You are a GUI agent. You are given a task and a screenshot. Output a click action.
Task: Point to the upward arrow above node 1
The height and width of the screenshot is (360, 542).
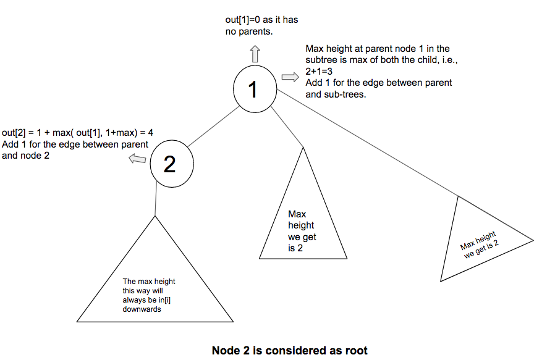255,54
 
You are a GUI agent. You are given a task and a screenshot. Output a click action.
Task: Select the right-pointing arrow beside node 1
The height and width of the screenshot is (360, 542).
290,77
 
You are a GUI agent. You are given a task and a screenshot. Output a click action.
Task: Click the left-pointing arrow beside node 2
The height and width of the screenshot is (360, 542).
137,159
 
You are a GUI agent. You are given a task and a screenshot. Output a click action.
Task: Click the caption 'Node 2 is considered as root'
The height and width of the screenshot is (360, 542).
290,350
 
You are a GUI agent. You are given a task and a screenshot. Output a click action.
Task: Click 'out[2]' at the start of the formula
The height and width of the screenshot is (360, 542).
14,133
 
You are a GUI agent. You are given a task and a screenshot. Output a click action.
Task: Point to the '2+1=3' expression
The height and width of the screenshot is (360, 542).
319,72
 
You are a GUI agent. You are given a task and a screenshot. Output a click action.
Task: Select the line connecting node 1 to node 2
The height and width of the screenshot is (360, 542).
214,126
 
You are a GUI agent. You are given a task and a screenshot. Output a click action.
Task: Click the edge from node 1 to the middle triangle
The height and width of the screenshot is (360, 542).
287,127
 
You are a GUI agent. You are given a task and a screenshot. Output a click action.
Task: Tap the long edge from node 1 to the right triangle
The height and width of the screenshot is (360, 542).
368,143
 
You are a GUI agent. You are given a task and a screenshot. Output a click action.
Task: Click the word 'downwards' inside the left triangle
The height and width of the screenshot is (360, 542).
142,309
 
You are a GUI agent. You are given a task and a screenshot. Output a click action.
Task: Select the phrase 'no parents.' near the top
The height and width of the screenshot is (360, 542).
249,31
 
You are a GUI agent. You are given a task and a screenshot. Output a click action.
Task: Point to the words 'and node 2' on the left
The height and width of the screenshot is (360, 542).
25,156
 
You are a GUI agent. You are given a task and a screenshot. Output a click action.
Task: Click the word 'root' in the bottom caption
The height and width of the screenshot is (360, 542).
357,351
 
